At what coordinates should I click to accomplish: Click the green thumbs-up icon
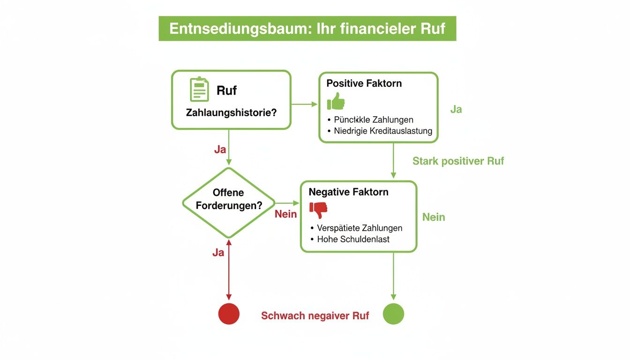tap(336, 101)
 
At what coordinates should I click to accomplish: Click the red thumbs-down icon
tap(319, 210)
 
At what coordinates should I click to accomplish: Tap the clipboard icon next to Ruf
tap(199, 90)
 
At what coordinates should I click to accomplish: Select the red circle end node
tap(229, 314)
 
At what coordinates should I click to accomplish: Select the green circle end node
tap(393, 314)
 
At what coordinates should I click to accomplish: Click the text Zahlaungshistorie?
tap(231, 113)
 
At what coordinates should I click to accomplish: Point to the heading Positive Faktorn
tap(364, 83)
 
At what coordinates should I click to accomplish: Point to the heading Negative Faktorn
tap(348, 192)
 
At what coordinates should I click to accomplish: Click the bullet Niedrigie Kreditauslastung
tap(382, 131)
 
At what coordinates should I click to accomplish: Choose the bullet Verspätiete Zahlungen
tap(359, 228)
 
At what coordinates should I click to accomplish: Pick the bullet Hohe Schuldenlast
tap(353, 239)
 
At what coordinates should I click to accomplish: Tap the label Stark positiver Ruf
tap(458, 161)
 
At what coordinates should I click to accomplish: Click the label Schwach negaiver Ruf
tap(315, 316)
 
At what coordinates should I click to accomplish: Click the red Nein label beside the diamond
tap(285, 214)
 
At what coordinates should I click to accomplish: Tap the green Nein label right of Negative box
tap(434, 217)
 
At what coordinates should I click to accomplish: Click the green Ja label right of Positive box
tap(456, 109)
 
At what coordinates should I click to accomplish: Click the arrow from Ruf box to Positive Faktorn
tap(305, 104)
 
